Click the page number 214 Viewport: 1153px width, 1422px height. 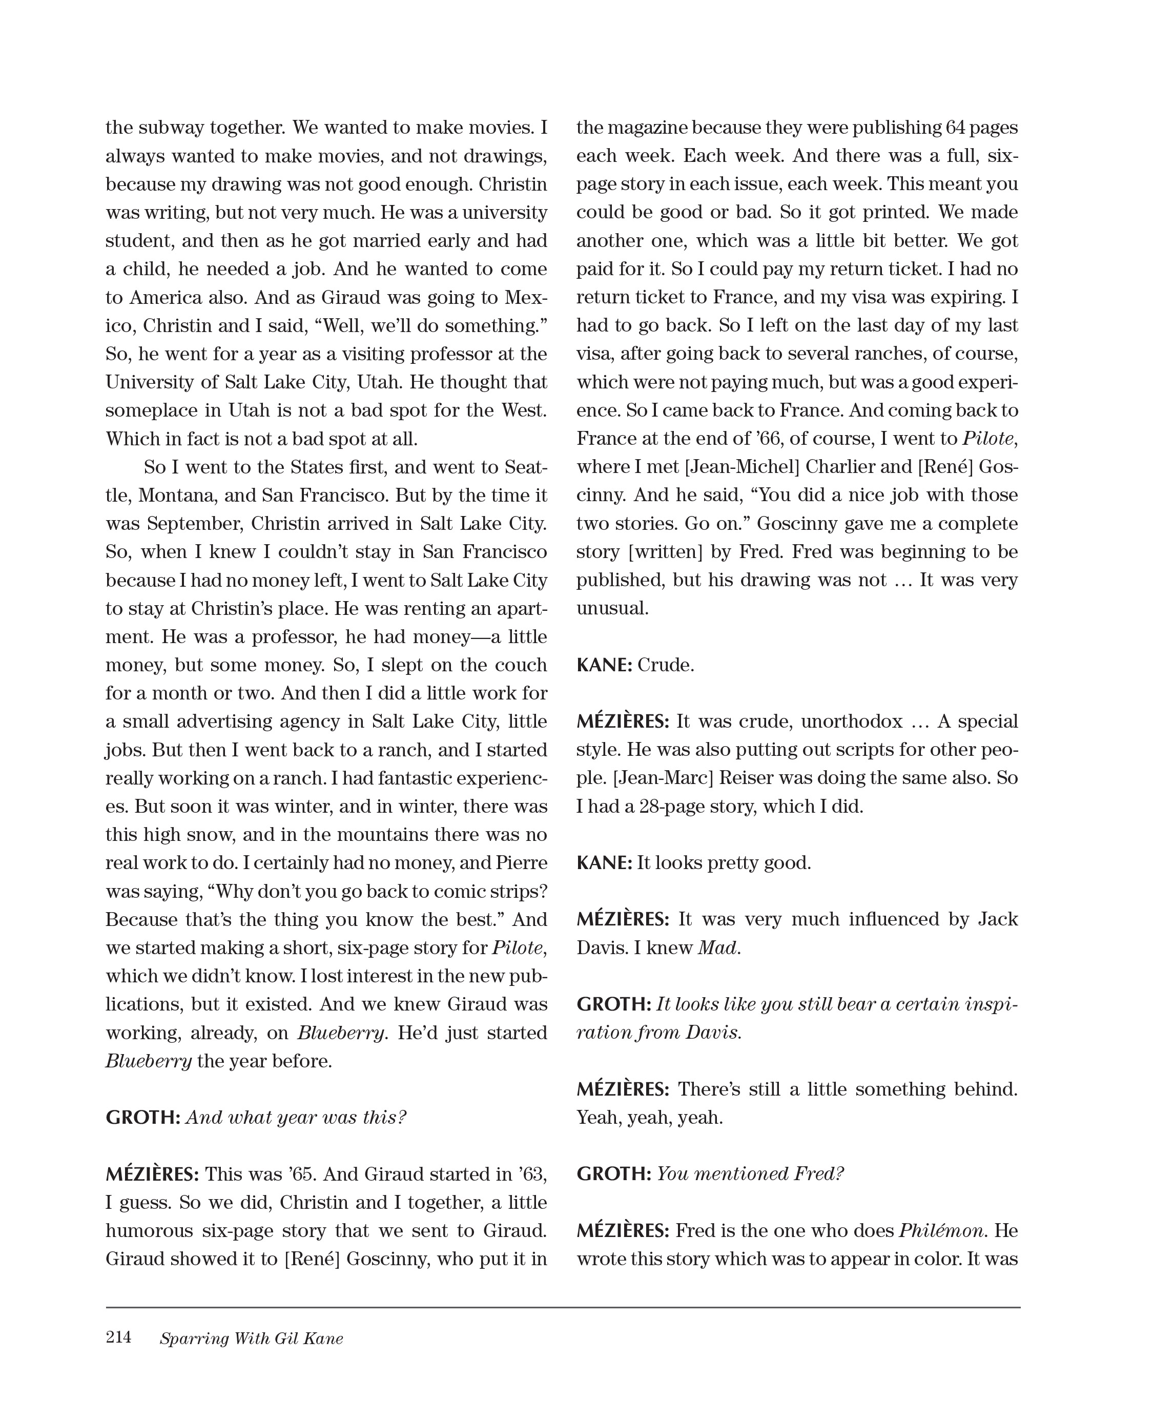click(118, 1337)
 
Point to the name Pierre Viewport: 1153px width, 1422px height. click(521, 863)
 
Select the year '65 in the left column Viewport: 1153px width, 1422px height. click(302, 1174)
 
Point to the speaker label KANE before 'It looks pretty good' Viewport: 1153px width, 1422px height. click(603, 863)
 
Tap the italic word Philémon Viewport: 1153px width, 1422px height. click(940, 1231)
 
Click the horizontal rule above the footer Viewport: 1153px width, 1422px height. click(563, 1307)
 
